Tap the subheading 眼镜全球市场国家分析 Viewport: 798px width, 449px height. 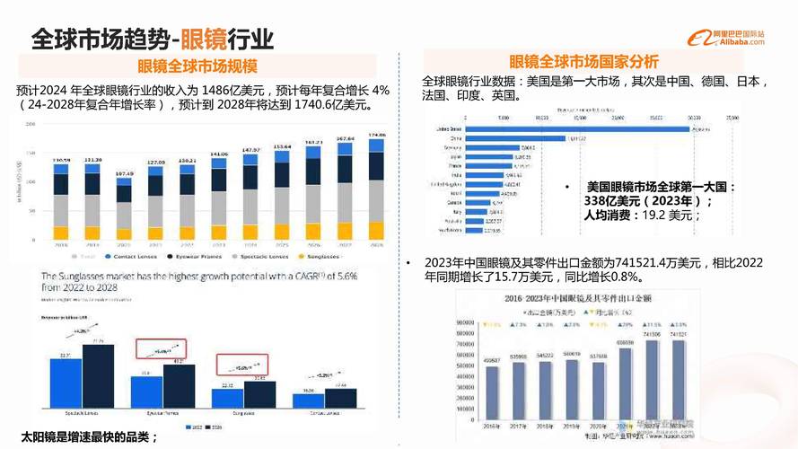tap(583, 62)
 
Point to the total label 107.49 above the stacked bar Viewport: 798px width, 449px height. tap(124, 173)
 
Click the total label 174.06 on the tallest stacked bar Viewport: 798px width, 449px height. tap(376, 136)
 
